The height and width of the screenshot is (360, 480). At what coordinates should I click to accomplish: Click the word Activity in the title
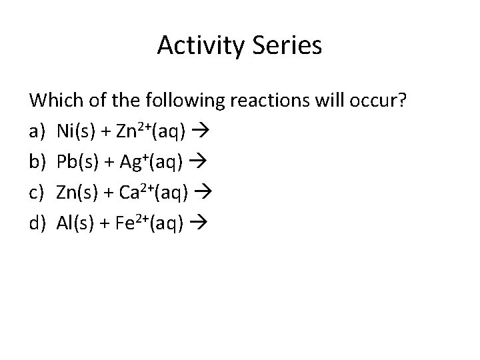click(x=199, y=46)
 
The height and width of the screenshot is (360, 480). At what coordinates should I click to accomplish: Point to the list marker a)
click(x=37, y=130)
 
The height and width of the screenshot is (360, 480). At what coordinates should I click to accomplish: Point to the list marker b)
click(x=37, y=161)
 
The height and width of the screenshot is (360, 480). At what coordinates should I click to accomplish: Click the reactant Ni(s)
click(x=75, y=130)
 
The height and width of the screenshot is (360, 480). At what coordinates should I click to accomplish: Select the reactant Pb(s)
click(x=76, y=161)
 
